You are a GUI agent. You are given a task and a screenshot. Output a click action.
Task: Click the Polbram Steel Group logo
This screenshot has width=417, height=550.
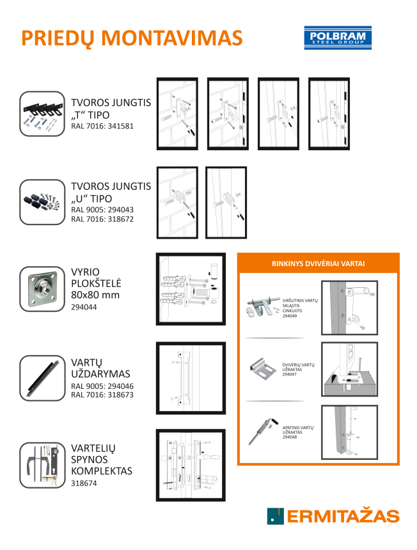pos(338,38)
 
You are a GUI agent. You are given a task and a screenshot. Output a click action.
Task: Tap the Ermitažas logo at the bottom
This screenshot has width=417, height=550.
pos(333,516)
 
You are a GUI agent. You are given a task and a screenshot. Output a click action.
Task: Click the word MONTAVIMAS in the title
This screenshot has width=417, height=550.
pos(172,38)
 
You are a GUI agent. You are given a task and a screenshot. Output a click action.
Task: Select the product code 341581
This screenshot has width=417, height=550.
pos(121,126)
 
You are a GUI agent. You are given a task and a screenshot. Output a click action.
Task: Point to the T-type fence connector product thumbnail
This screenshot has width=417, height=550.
pos(42,114)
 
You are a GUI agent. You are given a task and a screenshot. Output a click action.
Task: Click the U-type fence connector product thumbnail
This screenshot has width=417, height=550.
pos(42,202)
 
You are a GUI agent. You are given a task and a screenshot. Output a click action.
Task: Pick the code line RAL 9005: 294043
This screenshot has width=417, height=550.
pos(102,210)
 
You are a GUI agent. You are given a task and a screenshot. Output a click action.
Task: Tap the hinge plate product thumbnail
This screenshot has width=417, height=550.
pos(42,289)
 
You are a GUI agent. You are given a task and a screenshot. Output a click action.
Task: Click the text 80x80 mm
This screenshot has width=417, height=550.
pos(95,295)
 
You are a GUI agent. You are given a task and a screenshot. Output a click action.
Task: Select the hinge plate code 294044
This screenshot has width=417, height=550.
pos(84,307)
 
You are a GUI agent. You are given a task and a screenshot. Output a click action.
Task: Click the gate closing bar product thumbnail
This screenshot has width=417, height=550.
pos(42,378)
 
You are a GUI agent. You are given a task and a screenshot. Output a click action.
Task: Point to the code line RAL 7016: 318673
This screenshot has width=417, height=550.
pos(102,395)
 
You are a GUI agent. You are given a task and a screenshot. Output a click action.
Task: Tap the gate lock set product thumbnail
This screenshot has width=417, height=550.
pos(42,465)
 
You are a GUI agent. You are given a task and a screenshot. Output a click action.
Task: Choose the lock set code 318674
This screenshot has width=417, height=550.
pos(84,483)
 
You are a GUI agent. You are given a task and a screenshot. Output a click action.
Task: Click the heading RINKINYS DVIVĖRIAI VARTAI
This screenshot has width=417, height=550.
pos(318,263)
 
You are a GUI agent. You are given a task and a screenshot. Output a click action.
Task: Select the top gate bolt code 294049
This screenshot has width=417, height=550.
pos(290,316)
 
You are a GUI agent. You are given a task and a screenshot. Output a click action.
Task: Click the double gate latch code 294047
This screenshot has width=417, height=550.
pos(289,374)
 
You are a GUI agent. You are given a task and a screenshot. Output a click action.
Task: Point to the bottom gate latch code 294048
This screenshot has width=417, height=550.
pos(290,437)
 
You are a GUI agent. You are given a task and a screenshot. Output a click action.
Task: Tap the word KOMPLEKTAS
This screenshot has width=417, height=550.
pos(102,471)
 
